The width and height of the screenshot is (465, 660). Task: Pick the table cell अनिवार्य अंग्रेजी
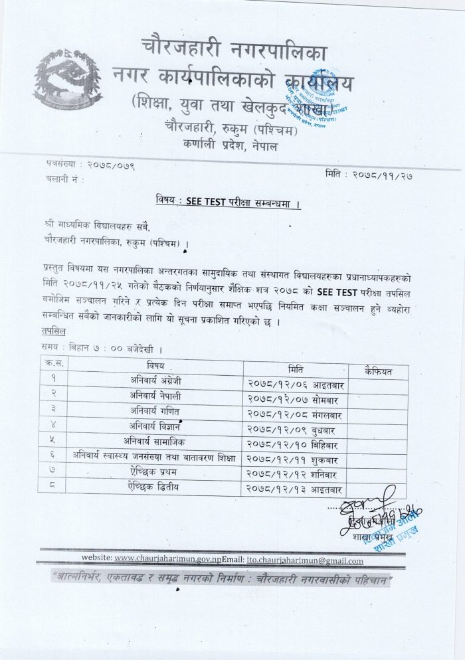[158, 381]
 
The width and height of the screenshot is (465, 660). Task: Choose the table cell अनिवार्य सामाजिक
[158, 441]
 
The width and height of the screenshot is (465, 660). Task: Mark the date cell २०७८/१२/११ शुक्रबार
[294, 457]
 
